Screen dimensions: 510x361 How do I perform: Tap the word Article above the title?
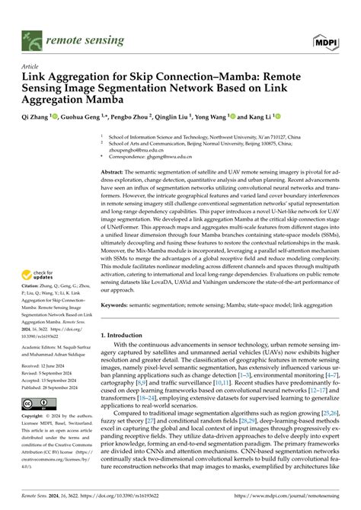(30, 65)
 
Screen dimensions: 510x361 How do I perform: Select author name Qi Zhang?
(35, 118)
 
